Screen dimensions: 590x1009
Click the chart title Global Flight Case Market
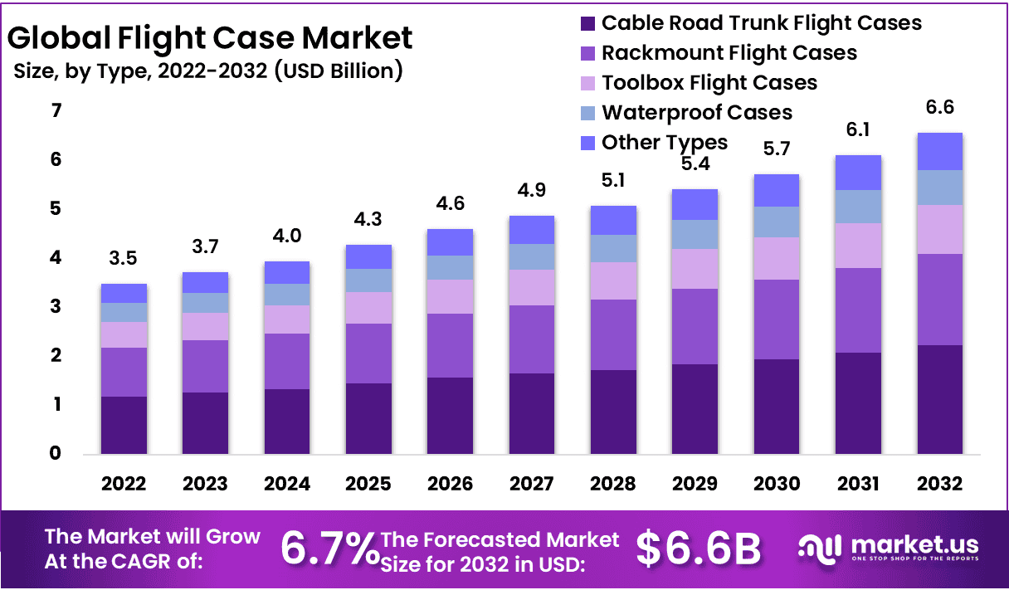pos(209,38)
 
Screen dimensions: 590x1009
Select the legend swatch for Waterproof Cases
pos(587,113)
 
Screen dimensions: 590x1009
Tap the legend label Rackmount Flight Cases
pos(729,53)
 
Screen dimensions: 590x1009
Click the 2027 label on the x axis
pos(532,484)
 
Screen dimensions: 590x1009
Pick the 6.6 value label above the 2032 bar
pos(939,109)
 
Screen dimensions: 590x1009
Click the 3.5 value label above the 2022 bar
pos(124,260)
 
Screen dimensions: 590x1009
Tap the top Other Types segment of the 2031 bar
pos(858,173)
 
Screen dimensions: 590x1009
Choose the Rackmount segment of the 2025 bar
pos(369,354)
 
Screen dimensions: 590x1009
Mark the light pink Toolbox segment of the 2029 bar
pos(695,269)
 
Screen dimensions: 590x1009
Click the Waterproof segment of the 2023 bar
pos(206,303)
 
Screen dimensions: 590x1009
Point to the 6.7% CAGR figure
pos(329,549)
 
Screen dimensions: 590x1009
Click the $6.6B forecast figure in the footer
pos(699,549)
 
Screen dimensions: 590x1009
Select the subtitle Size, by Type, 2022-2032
pos(208,71)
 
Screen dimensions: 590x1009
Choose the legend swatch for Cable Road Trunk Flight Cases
pos(587,23)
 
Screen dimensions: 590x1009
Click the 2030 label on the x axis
pos(777,484)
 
